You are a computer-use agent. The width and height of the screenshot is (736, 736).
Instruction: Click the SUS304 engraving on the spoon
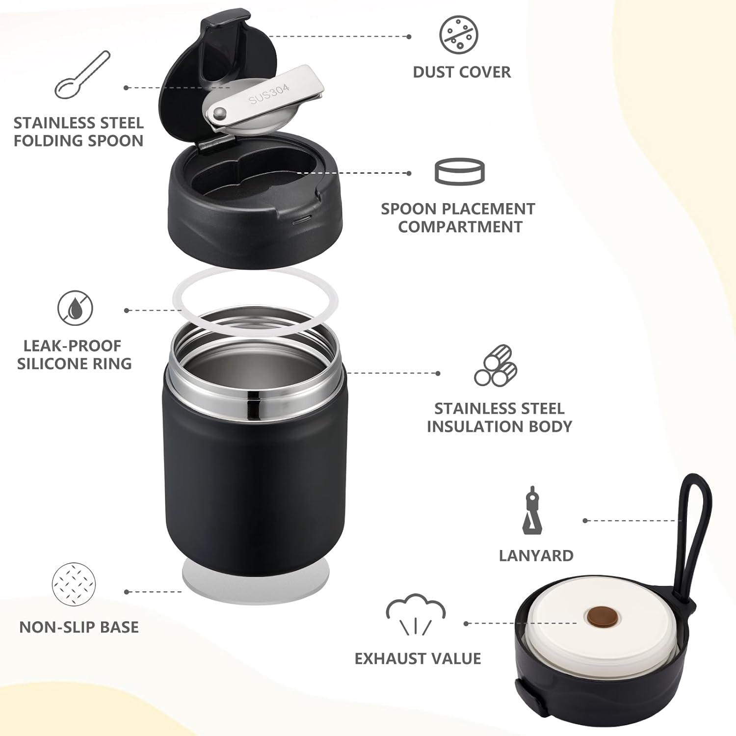(x=269, y=94)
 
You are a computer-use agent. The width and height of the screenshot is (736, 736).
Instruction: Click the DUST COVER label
(x=461, y=72)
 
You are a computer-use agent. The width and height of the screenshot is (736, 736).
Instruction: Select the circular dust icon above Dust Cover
(x=458, y=35)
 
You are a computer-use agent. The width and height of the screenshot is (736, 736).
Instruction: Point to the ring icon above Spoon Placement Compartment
(x=460, y=171)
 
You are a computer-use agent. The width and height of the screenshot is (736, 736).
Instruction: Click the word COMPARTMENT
(x=460, y=227)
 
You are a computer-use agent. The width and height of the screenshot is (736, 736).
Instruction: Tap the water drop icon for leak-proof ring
(x=75, y=308)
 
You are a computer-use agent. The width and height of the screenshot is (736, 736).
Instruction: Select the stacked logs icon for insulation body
(x=496, y=366)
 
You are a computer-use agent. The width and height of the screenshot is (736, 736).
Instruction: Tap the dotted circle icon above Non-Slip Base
(x=74, y=584)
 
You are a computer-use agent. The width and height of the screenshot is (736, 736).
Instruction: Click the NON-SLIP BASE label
(x=79, y=627)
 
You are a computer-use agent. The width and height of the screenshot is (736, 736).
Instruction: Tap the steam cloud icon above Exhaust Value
(x=416, y=613)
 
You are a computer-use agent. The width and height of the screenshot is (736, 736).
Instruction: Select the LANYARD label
(x=536, y=555)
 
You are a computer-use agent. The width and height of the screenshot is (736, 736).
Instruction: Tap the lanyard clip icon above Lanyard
(x=532, y=511)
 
